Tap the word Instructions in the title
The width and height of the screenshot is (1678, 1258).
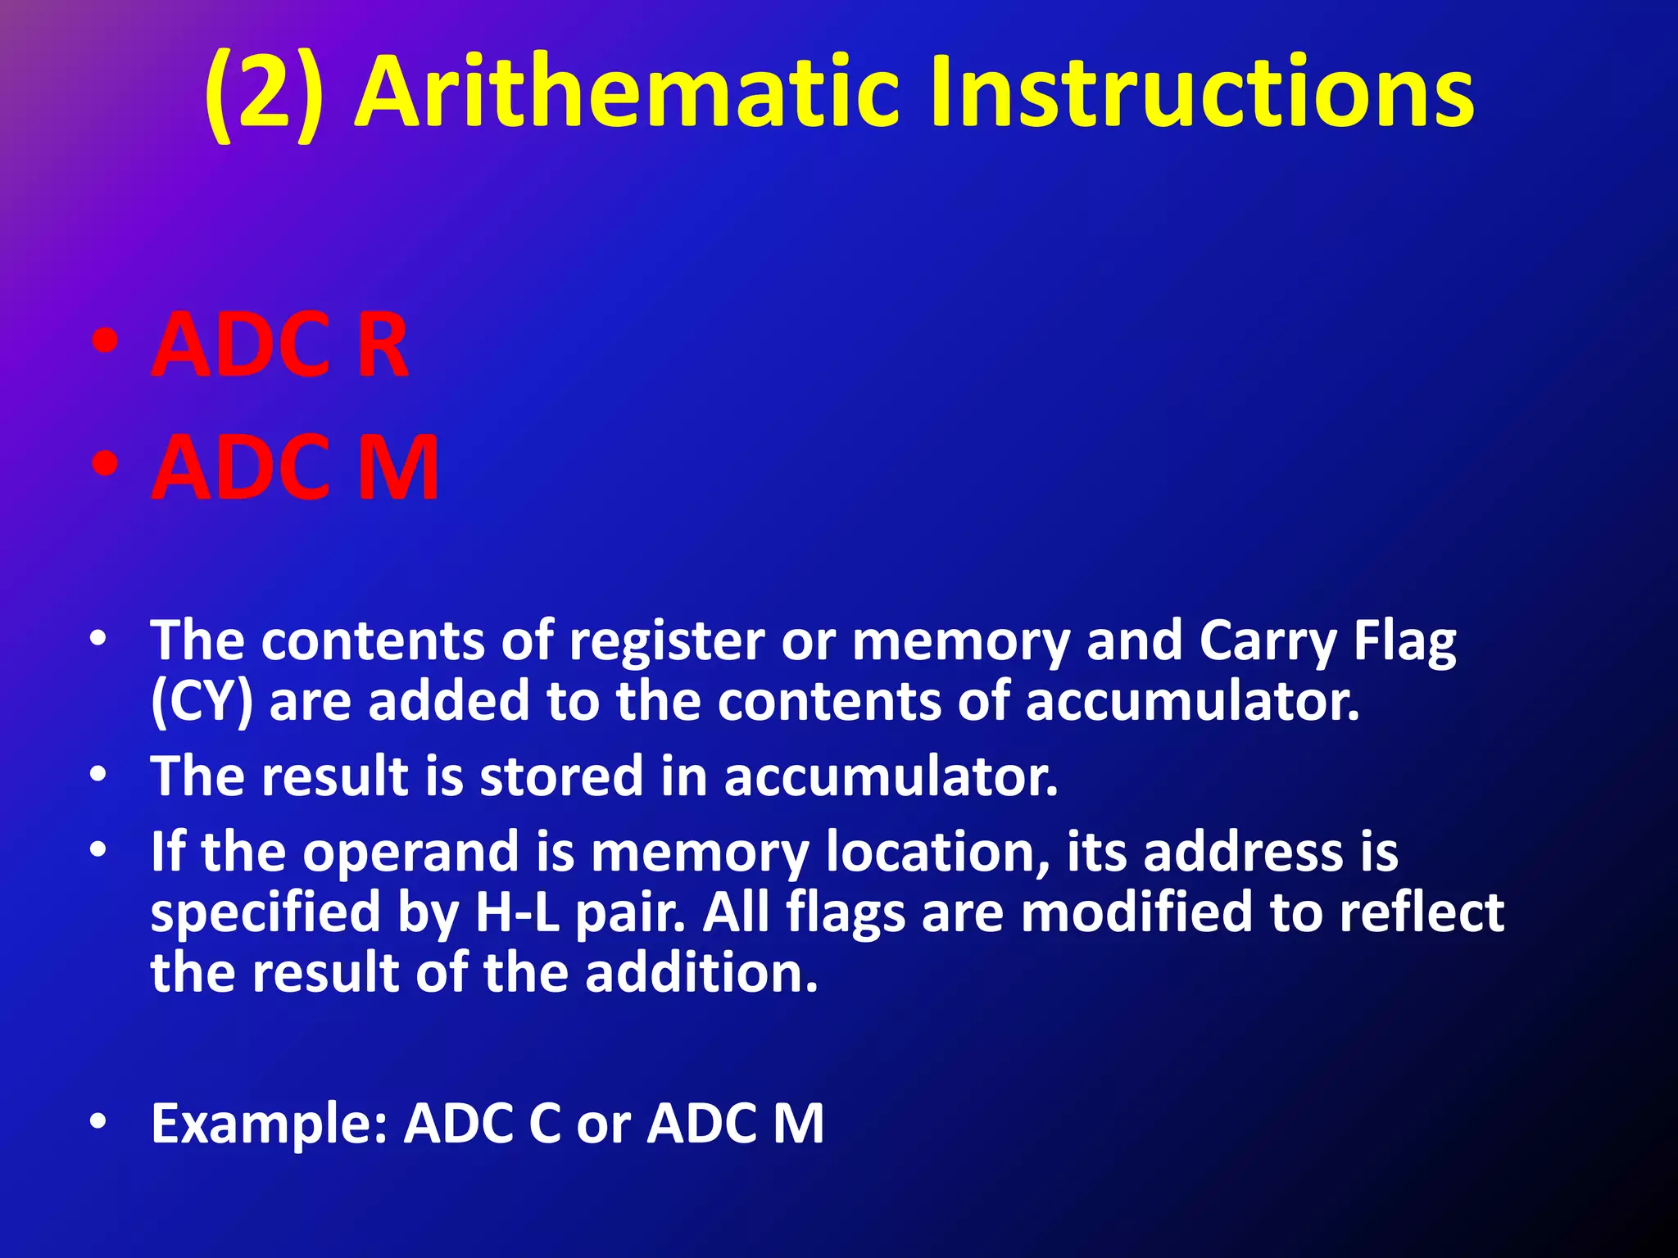[x=1202, y=92]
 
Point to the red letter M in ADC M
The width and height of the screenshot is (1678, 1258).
[x=399, y=468]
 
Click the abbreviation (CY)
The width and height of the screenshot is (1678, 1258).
[x=202, y=703]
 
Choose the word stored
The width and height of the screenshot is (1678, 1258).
[x=561, y=776]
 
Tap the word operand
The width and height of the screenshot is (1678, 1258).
[x=410, y=853]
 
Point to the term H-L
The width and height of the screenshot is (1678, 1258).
[x=518, y=913]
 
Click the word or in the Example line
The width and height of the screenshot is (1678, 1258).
[x=604, y=1125]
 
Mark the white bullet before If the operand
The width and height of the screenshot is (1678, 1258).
[x=98, y=850]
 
